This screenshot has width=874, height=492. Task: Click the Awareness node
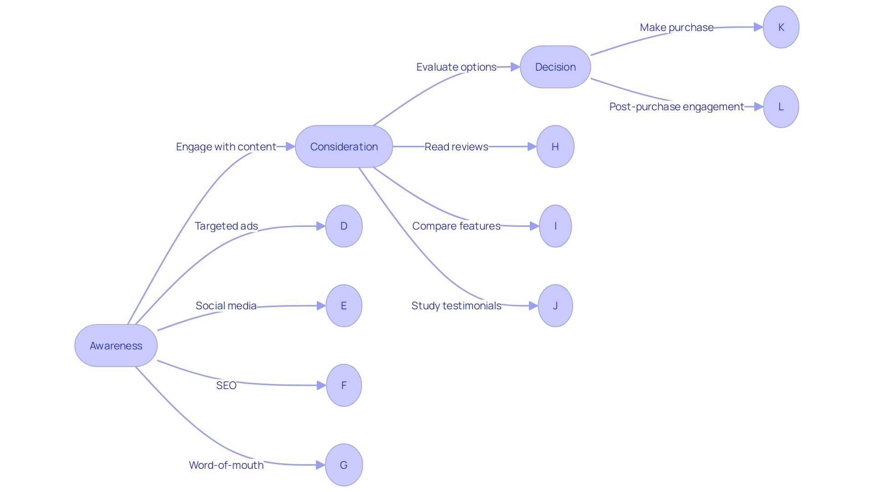tap(116, 346)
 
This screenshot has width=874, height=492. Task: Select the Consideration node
tap(344, 147)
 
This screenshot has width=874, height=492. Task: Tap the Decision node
tap(555, 67)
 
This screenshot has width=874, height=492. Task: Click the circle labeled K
tap(781, 27)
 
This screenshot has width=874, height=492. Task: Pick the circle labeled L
tap(781, 107)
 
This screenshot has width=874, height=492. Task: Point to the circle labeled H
tap(555, 147)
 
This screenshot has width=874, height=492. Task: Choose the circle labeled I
tap(555, 226)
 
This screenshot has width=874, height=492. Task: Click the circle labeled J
tap(555, 306)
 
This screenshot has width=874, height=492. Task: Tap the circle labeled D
tap(344, 226)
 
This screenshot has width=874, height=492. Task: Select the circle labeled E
tap(344, 306)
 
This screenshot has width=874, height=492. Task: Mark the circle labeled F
tap(344, 385)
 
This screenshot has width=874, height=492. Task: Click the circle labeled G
tap(344, 465)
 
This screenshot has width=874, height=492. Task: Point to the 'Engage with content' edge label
tap(226, 147)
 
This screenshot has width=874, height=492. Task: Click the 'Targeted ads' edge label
tap(226, 226)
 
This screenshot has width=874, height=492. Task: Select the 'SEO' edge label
tap(226, 385)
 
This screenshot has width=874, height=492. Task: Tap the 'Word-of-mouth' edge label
tap(226, 465)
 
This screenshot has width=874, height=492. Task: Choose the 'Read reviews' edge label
tap(456, 147)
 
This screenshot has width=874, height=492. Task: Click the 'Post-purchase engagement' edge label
tap(676, 107)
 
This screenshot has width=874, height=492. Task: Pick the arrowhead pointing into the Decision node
tap(515, 67)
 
